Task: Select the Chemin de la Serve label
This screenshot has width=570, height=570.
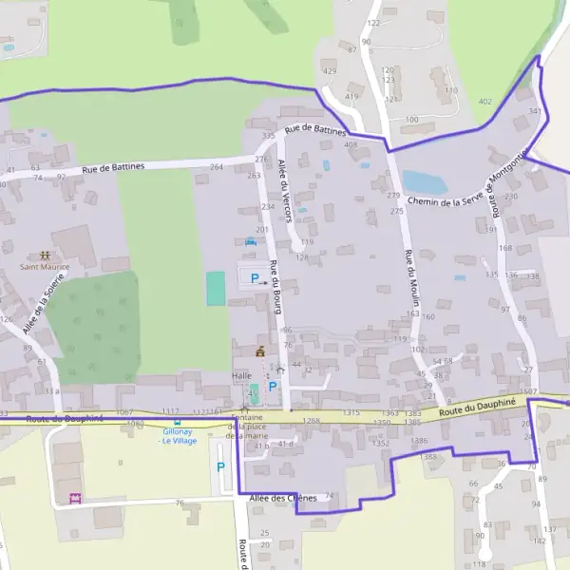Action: tap(447, 199)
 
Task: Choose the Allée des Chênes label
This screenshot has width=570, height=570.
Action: tap(282, 498)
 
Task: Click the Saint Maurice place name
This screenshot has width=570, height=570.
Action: tap(44, 267)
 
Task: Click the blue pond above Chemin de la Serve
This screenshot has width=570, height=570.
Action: tap(418, 181)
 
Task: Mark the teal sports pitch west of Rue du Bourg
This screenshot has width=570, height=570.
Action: tap(217, 289)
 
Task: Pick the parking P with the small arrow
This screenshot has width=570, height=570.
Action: tap(255, 277)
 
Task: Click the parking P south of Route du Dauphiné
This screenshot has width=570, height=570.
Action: tap(221, 466)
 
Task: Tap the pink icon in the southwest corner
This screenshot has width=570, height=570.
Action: tap(76, 497)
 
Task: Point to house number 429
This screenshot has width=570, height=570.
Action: tap(330, 71)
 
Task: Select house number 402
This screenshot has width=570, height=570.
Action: tap(485, 101)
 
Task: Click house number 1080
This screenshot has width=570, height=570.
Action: tap(135, 423)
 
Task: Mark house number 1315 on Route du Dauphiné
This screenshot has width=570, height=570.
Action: tap(351, 413)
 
